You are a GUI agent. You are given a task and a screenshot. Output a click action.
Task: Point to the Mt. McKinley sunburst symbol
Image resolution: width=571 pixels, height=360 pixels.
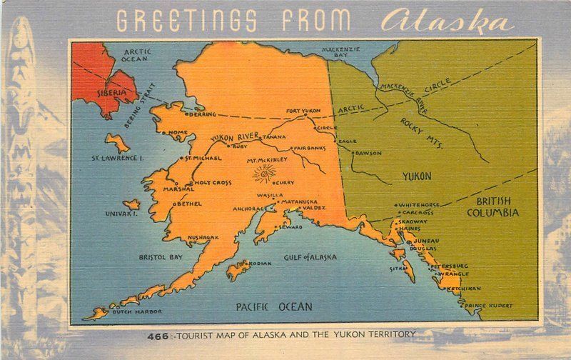265,172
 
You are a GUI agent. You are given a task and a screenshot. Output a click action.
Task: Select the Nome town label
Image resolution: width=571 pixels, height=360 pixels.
178,132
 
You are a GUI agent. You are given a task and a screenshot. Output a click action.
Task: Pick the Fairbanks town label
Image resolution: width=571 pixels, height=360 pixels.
309,148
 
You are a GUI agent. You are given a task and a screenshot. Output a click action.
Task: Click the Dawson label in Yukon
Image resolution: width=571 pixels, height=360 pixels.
368,153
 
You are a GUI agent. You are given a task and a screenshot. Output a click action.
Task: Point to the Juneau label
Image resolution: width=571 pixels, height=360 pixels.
426,241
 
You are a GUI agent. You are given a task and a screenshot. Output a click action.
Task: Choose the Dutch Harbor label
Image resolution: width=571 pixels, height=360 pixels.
140,312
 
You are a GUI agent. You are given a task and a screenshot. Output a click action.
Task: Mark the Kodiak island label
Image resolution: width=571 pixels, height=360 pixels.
261,264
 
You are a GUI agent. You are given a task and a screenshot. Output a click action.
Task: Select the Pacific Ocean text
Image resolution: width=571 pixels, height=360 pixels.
274,307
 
